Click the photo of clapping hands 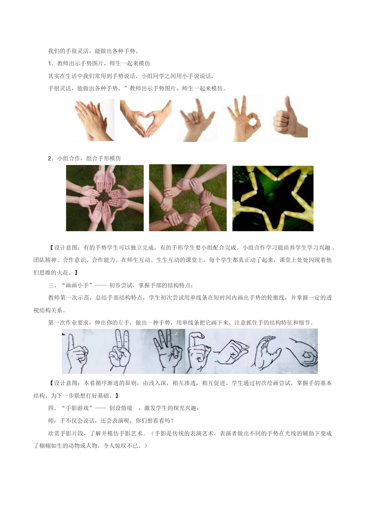pyautogui.click(x=94, y=120)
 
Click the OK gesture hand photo pyautogui.click(x=244, y=118)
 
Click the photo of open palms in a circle pyautogui.click(x=105, y=198)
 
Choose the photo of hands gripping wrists pyautogui.click(x=188, y=198)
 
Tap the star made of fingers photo pyautogui.click(x=273, y=198)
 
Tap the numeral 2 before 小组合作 pyautogui.click(x=50, y=158)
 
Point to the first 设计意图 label pyautogui.click(x=65, y=248)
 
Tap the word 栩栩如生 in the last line pyautogui.click(x=51, y=446)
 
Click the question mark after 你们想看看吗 pyautogui.click(x=173, y=421)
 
